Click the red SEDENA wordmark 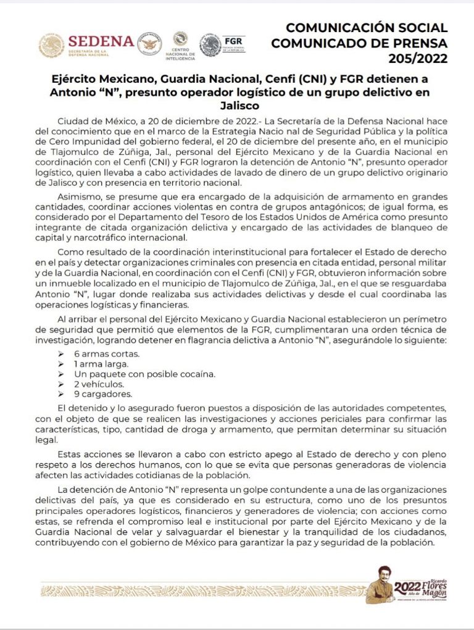click(x=101, y=41)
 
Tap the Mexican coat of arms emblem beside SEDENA click(x=52, y=46)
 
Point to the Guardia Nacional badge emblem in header click(x=149, y=44)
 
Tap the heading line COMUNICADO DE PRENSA click(x=359, y=43)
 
